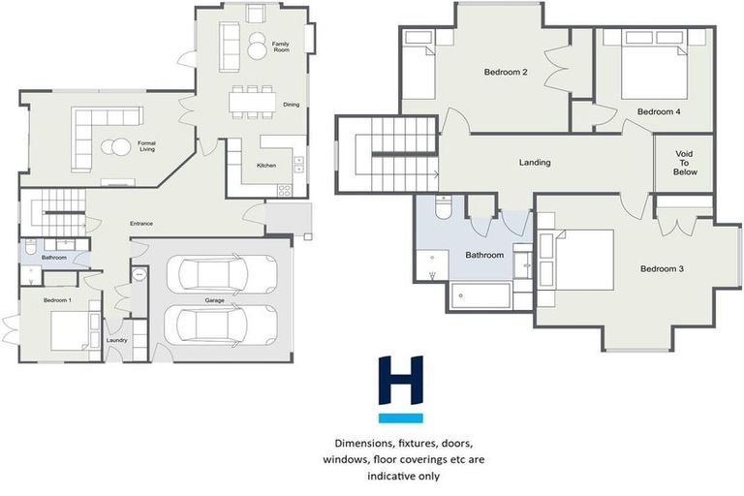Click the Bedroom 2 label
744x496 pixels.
tap(505, 73)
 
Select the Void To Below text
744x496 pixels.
tap(685, 161)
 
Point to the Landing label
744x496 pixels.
tap(534, 163)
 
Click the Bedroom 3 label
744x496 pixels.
tap(663, 268)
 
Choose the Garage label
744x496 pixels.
tap(215, 301)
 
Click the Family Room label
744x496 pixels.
tap(281, 47)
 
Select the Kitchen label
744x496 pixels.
tap(267, 166)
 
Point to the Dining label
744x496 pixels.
tap(291, 105)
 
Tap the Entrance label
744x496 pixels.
tap(142, 224)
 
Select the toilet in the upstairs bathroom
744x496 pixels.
tap(442, 208)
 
